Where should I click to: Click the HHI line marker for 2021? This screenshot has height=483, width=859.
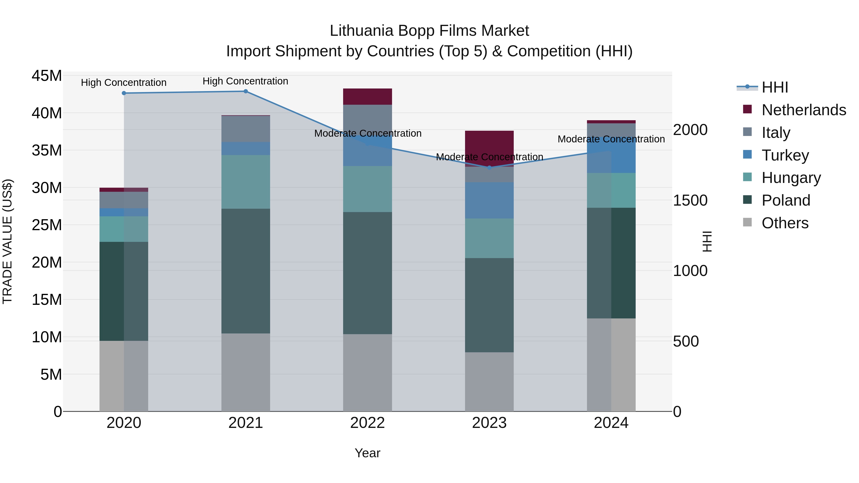246,91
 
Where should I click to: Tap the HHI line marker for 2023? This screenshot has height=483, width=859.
489,168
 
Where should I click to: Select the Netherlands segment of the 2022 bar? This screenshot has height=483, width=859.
367,97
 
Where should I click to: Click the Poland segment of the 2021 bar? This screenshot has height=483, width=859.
246,271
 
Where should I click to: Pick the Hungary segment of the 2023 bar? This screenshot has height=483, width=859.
489,238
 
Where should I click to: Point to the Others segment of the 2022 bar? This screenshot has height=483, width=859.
367,372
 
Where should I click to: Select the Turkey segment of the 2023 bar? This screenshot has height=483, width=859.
489,200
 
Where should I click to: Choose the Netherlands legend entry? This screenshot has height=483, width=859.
804,110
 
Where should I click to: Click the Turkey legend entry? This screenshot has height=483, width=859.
785,155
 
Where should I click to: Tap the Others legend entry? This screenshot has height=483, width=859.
785,223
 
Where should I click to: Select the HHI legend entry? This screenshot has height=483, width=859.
775,87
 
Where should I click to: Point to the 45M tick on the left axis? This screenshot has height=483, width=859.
47,76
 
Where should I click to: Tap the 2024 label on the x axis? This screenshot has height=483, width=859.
611,423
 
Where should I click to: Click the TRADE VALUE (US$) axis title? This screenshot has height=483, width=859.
7,241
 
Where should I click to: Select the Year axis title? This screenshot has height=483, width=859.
367,453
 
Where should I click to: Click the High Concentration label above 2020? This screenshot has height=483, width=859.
124,83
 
